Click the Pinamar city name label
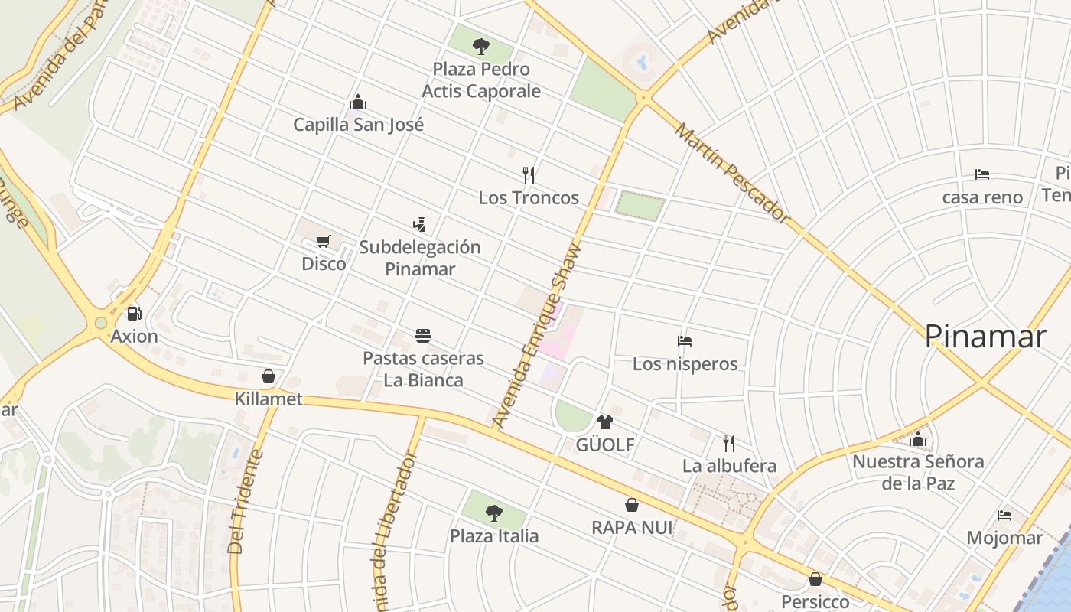pyautogui.click(x=985, y=337)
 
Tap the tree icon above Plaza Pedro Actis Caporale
pyautogui.click(x=480, y=47)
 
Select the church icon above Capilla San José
pyautogui.click(x=358, y=102)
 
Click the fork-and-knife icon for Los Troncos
pyautogui.click(x=529, y=175)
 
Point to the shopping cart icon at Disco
pyautogui.click(x=324, y=242)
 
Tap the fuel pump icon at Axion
pyautogui.click(x=135, y=313)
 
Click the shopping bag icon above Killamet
pyautogui.click(x=269, y=376)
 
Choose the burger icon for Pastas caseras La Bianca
pyautogui.click(x=423, y=336)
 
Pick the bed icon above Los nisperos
pyautogui.click(x=685, y=341)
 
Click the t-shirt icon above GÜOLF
pyautogui.click(x=605, y=422)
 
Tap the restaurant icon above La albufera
pyautogui.click(x=729, y=443)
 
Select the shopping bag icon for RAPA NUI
pyautogui.click(x=632, y=505)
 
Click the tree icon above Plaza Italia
pyautogui.click(x=494, y=513)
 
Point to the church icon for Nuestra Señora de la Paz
pyautogui.click(x=918, y=440)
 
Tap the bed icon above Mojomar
pyautogui.click(x=1004, y=516)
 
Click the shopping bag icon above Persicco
pyautogui.click(x=815, y=579)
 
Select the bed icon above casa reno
pyautogui.click(x=982, y=175)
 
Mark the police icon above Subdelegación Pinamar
pyautogui.click(x=419, y=225)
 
